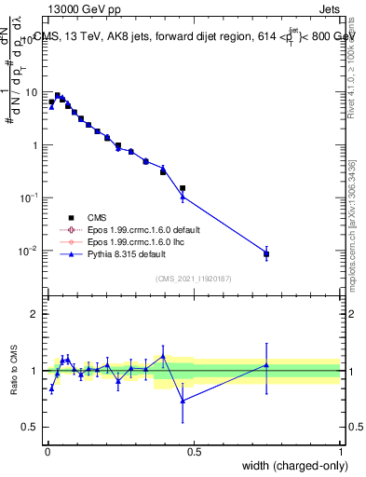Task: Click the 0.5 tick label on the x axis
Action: pyautogui.click(x=194, y=451)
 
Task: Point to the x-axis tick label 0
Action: pyautogui.click(x=47, y=451)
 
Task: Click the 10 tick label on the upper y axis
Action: pyautogui.click(x=33, y=92)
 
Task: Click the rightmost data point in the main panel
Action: pyautogui.click(x=266, y=253)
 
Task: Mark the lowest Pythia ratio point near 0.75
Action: pyautogui.click(x=183, y=401)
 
